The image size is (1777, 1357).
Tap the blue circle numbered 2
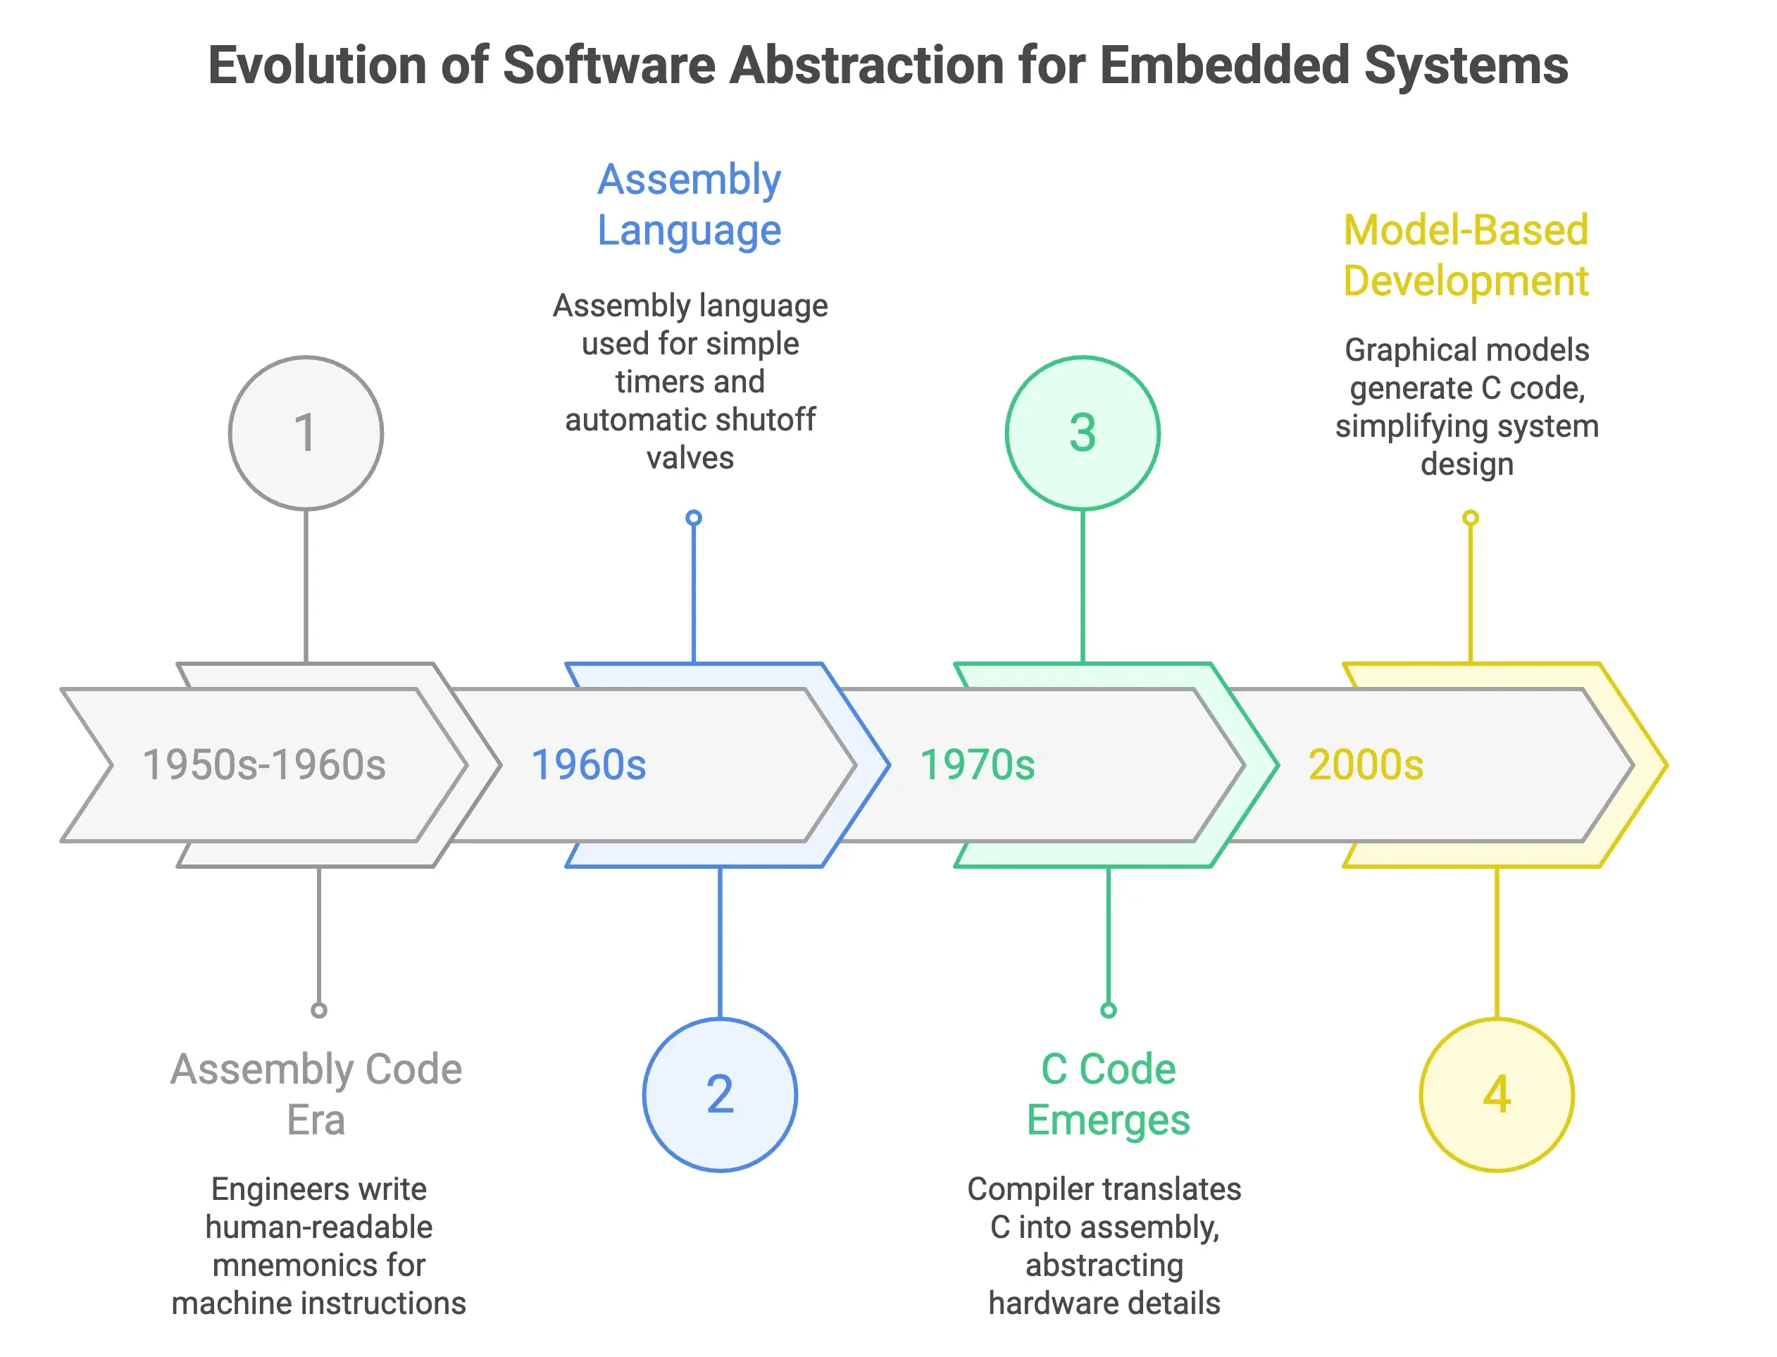tap(719, 1094)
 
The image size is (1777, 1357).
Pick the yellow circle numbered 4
tap(1496, 1094)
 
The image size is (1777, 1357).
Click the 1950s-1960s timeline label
tap(264, 764)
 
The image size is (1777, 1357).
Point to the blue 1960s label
tap(589, 764)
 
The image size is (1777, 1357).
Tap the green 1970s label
tap(977, 764)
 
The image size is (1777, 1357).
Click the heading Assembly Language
tap(689, 204)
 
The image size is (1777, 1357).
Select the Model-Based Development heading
tap(1466, 255)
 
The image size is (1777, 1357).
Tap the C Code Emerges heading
tap(1108, 1094)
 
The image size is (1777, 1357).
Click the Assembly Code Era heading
tap(316, 1094)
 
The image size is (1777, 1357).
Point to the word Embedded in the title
tap(1224, 65)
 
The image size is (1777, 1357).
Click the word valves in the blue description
tap(690, 458)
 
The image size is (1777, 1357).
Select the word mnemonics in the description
tap(318, 1265)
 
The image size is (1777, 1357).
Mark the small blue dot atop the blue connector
tap(693, 518)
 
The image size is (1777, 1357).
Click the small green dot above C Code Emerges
tap(1108, 1010)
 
